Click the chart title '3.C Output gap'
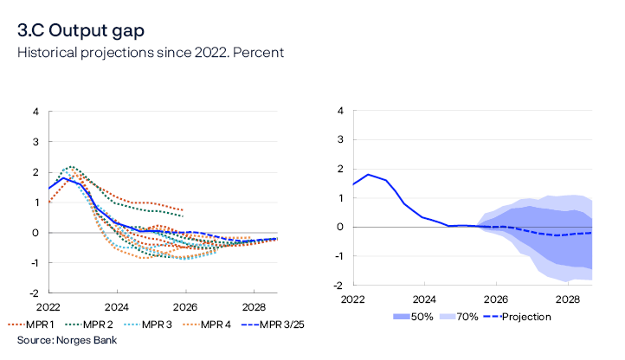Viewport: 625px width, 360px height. pos(81,30)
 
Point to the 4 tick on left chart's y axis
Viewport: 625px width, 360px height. pos(35,112)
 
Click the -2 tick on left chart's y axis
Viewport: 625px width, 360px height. pos(33,293)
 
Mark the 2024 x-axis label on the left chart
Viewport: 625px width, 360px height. pos(117,307)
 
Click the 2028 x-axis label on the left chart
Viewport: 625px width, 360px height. pos(254,307)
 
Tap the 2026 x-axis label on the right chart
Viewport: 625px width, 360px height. pos(496,299)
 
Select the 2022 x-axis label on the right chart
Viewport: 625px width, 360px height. pos(352,299)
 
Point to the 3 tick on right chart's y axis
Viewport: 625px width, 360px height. pos(341,140)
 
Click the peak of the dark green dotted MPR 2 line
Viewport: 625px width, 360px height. pos(70,167)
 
